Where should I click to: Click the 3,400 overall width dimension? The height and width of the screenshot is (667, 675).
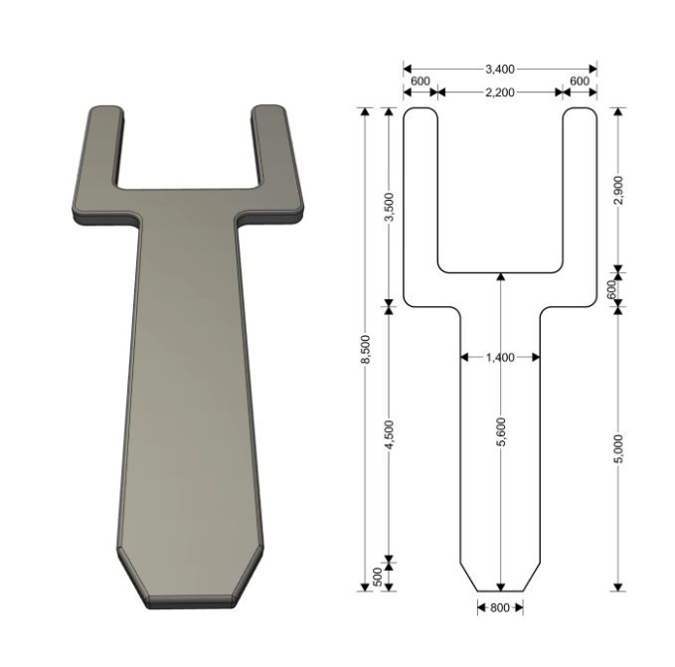pos(500,69)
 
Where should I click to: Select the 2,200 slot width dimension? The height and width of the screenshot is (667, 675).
pos(500,92)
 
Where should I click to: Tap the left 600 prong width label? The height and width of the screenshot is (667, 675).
pos(421,81)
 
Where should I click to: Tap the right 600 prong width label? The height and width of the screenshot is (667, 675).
pos(580,81)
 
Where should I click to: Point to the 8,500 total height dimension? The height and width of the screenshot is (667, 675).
pos(365,349)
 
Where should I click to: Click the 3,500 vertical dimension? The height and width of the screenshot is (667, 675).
pos(389,207)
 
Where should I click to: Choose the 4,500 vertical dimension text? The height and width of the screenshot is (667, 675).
pos(389,435)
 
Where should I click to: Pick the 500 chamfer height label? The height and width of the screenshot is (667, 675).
pos(377,577)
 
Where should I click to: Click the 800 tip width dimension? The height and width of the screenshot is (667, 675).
pos(500,607)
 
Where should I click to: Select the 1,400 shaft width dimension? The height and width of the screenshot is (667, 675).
pos(500,357)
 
